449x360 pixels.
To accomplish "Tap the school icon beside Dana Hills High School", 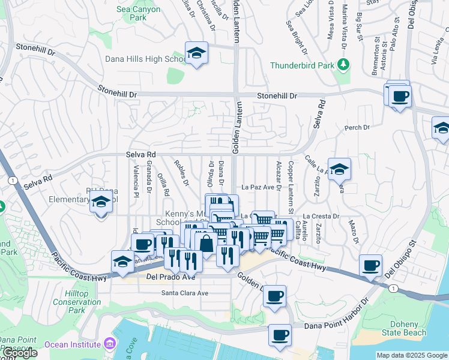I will tap(196, 53).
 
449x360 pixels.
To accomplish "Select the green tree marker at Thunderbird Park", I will tap(344, 64).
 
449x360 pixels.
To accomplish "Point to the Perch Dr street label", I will tap(357, 128).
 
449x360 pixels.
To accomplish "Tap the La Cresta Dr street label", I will tap(321, 216).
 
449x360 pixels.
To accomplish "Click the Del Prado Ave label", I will tap(171, 278).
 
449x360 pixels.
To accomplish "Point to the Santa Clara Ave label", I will tap(184, 293).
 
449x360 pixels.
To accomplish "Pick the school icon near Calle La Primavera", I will tap(339, 170).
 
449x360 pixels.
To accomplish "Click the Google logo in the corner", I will tap(19, 353).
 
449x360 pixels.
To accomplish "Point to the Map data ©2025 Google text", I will tap(411, 355).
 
